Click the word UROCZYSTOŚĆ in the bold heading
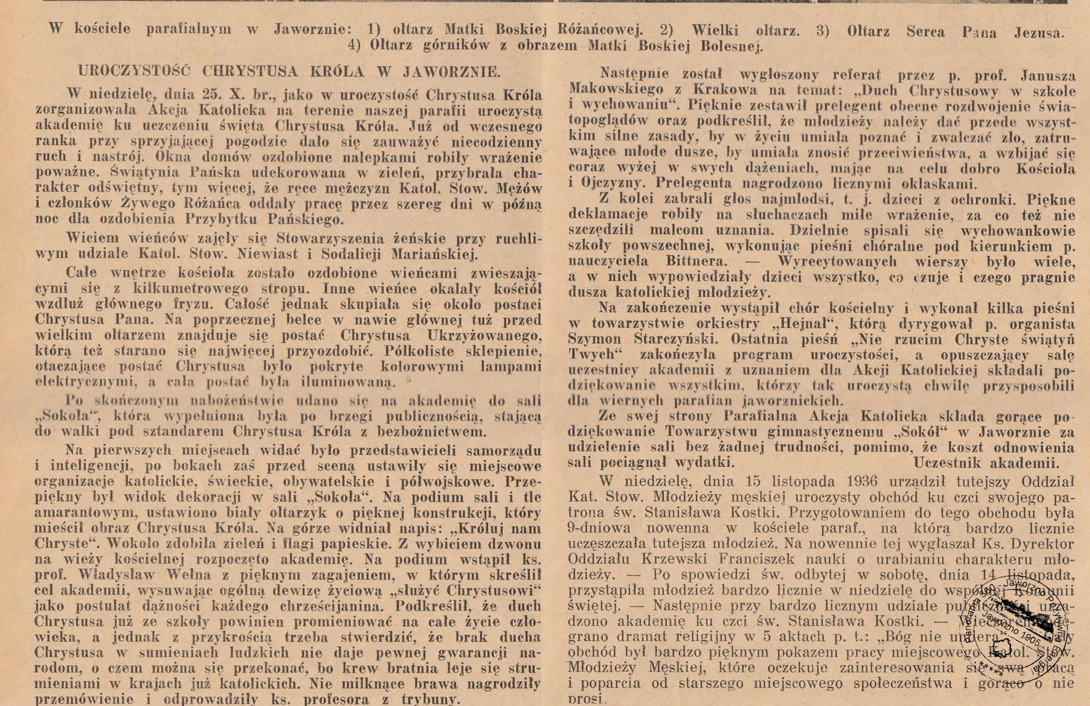point(134,71)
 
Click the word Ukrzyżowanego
point(484,335)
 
